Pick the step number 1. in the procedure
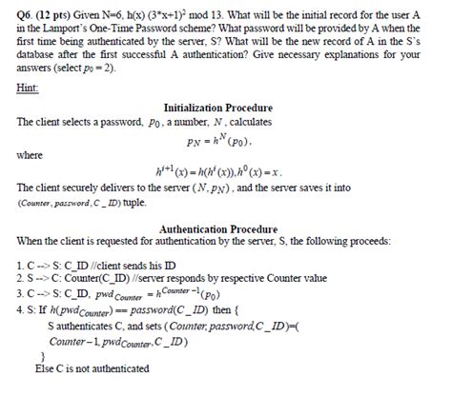pyautogui.click(x=21, y=261)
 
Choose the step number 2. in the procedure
pyautogui.click(x=21, y=275)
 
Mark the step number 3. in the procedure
pyautogui.click(x=21, y=291)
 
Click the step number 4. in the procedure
pyautogui.click(x=21, y=308)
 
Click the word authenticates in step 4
pyautogui.click(x=87, y=325)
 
